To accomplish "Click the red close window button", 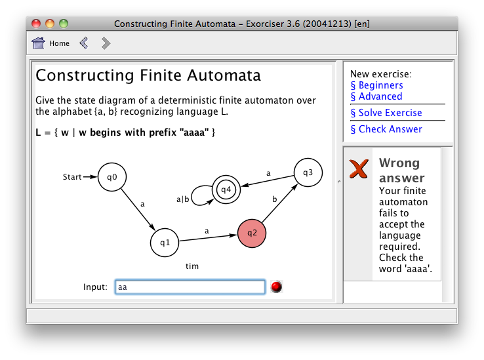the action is point(36,24).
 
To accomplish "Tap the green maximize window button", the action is point(64,24).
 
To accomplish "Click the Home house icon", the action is point(38,43).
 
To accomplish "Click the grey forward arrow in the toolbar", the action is point(106,43).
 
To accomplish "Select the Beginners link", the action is point(376,85).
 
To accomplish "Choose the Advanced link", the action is point(376,96).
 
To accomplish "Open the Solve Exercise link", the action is point(386,113).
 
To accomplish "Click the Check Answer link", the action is point(386,129).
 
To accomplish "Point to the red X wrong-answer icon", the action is point(359,169).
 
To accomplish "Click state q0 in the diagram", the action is point(112,177).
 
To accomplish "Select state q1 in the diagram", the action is point(165,243).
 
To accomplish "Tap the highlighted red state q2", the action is point(252,233).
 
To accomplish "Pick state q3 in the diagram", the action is point(308,172).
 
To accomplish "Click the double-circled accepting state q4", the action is point(226,190).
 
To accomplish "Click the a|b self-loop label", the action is point(182,199).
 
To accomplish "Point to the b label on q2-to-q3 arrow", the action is point(274,199).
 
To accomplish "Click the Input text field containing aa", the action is point(190,287).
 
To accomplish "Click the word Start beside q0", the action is point(72,177).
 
